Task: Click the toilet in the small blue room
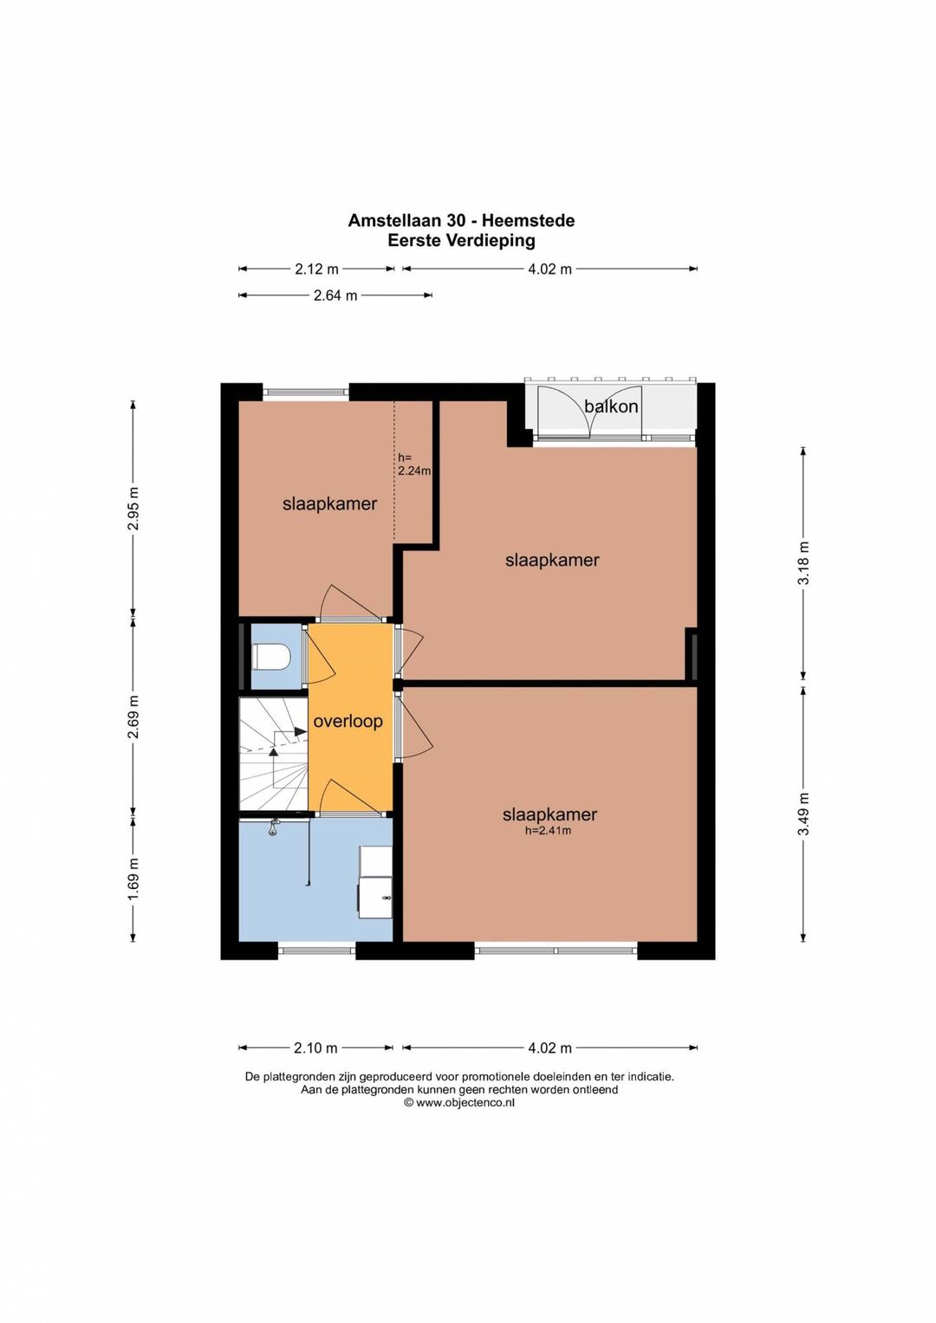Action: tap(271, 656)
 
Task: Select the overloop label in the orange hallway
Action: tap(348, 721)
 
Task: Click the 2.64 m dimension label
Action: tap(335, 295)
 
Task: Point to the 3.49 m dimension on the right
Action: tap(803, 814)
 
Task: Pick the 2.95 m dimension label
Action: tap(133, 508)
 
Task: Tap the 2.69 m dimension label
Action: tap(133, 717)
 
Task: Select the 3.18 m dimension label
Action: tap(803, 563)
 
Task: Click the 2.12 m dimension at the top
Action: tap(316, 269)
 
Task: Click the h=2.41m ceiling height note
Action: tap(549, 831)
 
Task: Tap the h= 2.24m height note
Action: tap(413, 464)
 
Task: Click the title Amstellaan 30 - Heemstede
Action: tap(461, 220)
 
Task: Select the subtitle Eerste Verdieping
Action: tap(461, 240)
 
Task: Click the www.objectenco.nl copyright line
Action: tap(459, 1102)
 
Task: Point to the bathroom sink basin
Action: tap(376, 897)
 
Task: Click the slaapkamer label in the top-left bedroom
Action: tap(329, 503)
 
